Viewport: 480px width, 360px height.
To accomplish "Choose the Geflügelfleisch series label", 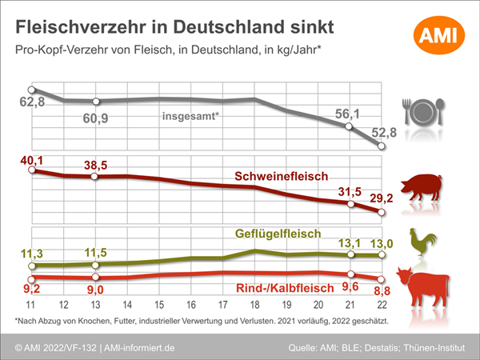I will pos(277,234).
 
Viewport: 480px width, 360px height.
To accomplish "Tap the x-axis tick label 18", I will pos(254,306).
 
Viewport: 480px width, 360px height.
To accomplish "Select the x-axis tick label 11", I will pos(31,306).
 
